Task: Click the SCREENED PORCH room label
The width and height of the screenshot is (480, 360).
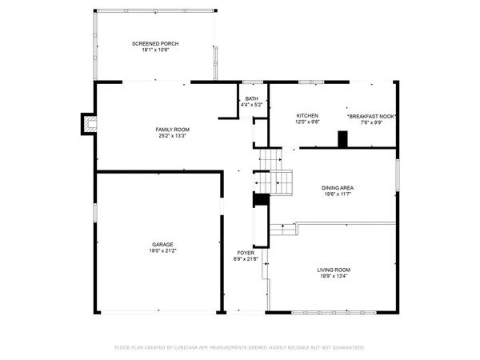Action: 154,43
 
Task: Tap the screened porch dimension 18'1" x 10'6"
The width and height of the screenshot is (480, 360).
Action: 154,50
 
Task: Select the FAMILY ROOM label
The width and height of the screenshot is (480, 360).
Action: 172,129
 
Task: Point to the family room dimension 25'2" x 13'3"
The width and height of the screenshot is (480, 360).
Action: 172,135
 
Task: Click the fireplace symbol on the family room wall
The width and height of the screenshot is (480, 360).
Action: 89,124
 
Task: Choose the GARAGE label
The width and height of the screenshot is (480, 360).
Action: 163,244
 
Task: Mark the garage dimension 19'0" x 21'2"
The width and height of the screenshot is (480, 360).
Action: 163,250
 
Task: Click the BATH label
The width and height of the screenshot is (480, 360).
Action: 252,98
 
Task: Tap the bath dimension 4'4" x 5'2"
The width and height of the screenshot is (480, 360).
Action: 252,105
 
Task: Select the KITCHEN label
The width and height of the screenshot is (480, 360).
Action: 308,116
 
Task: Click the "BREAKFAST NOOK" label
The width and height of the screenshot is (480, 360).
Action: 372,116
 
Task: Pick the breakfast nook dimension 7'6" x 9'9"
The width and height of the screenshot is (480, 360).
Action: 372,122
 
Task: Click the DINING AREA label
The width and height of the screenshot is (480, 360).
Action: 338,187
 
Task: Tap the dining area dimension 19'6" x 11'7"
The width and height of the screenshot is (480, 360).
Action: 338,194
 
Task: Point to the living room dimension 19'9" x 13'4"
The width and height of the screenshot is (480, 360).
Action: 334,276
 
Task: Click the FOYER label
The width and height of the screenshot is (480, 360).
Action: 245,252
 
